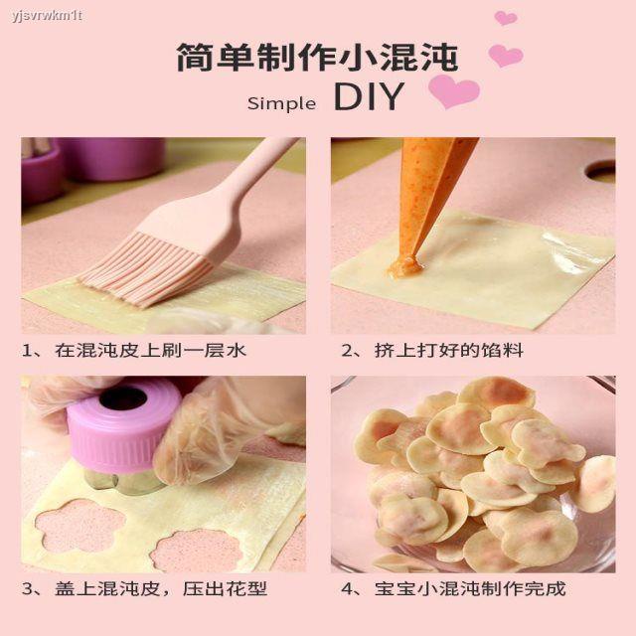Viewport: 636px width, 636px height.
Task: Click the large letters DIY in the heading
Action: pyautogui.click(x=369, y=96)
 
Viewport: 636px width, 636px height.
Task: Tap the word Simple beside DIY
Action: pyautogui.click(x=282, y=103)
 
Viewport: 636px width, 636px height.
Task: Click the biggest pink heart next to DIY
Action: pyautogui.click(x=453, y=90)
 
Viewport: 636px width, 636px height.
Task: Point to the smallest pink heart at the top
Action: pyautogui.click(x=506, y=18)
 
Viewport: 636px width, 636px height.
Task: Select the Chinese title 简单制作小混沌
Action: pyautogui.click(x=318, y=58)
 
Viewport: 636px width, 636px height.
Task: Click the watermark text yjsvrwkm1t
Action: pyautogui.click(x=47, y=16)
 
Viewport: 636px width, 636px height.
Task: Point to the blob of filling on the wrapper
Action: pyautogui.click(x=404, y=267)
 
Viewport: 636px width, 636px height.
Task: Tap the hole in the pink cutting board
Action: pyautogui.click(x=601, y=170)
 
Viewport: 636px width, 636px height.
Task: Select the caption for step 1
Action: pyautogui.click(x=134, y=351)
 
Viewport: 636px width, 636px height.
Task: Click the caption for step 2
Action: pyautogui.click(x=432, y=351)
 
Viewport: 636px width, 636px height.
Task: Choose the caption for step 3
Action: pyautogui.click(x=144, y=589)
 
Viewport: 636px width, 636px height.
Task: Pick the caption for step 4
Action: pyautogui.click(x=453, y=589)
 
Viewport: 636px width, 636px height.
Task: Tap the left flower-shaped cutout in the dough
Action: pyautogui.click(x=80, y=526)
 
